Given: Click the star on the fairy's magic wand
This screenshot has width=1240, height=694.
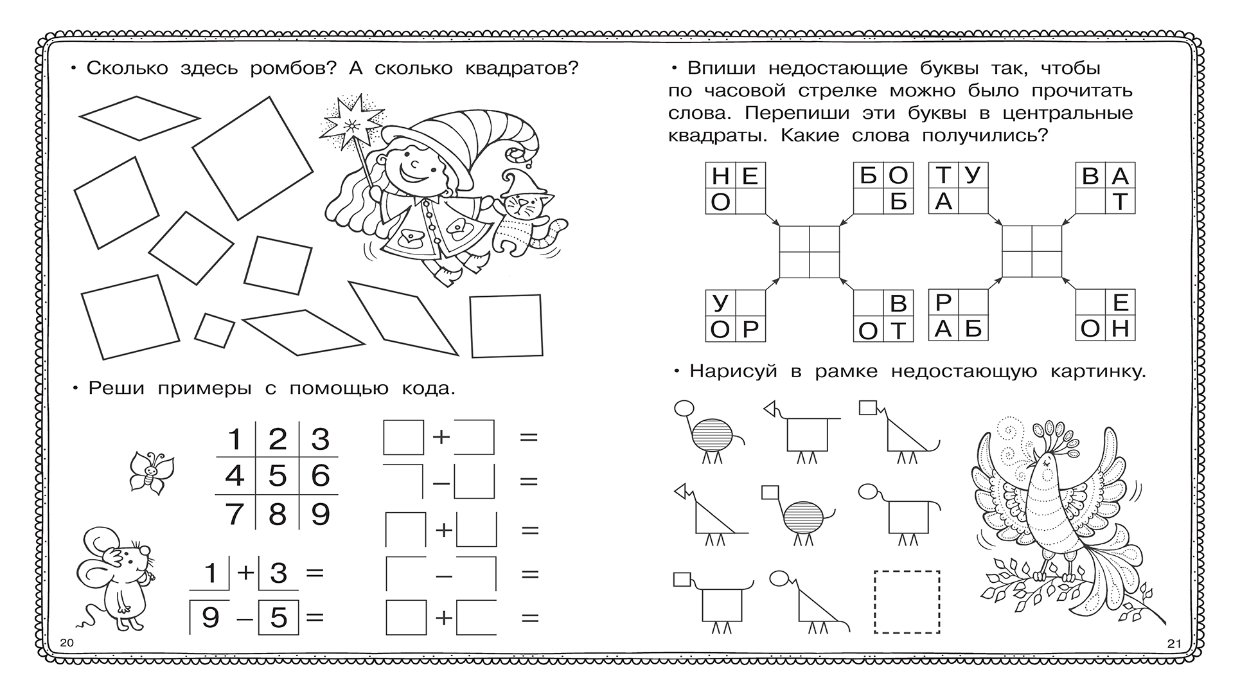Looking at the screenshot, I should coord(352,120).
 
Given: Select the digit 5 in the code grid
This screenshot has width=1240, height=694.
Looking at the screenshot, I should coord(277,476).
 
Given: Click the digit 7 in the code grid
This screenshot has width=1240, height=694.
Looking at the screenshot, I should coord(235,514).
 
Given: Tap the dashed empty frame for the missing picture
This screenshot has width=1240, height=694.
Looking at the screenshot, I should coord(907,601).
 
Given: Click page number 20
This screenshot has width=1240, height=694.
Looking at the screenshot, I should coord(67,643).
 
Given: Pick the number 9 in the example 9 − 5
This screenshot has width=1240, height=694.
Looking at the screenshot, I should coord(210,618).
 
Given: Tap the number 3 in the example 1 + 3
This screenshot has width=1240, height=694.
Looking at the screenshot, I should coord(278,573).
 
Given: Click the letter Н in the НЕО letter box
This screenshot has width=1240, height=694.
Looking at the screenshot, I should coord(721,176).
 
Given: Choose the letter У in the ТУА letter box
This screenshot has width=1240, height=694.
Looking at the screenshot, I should coord(973,175).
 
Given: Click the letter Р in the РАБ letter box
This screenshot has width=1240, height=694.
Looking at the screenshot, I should coord(943,303).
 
